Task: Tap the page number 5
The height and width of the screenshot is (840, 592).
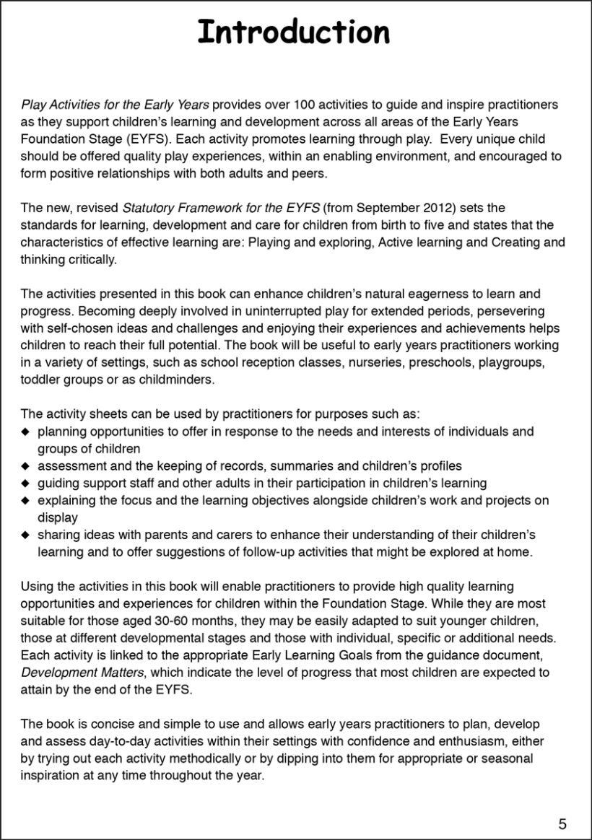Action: [562, 823]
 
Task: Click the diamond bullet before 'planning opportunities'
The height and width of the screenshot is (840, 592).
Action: [26, 432]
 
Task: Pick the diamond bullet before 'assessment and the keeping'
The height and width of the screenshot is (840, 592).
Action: [26, 466]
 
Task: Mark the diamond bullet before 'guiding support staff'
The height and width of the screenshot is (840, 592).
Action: [26, 484]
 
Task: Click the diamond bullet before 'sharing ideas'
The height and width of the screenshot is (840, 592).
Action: [26, 535]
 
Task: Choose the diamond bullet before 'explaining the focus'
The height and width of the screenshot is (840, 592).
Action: [26, 501]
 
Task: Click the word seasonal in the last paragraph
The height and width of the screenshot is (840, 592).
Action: [510, 759]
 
